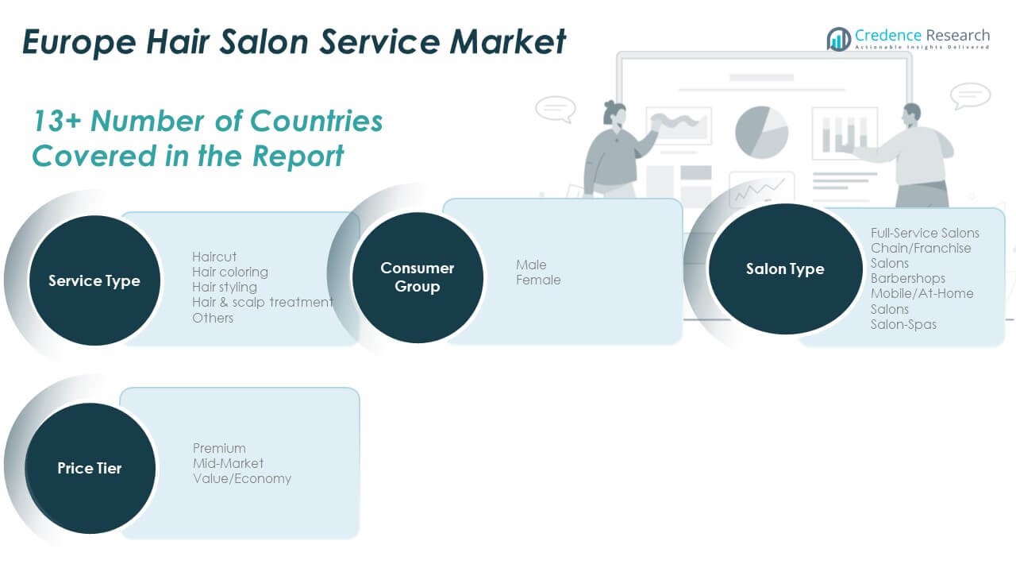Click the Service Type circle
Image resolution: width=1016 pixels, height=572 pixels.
[x=94, y=280]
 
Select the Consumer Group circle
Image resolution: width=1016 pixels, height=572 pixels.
[x=417, y=277]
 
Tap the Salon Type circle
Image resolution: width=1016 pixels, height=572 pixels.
[x=784, y=269]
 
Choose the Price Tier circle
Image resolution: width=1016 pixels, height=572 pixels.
[x=90, y=468]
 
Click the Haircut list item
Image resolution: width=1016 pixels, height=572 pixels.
[x=214, y=257]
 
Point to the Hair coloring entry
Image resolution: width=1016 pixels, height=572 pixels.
[x=230, y=272]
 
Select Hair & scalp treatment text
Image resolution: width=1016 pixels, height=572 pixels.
[x=263, y=302]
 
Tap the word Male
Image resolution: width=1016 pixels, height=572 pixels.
[x=531, y=265]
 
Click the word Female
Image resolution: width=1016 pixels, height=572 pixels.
[x=538, y=280]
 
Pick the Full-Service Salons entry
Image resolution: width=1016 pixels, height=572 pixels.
[x=925, y=233]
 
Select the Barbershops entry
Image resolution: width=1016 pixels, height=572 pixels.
[x=908, y=278]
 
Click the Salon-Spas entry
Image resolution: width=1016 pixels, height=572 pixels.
[x=903, y=324]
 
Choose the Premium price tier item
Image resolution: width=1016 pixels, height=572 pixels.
[x=219, y=448]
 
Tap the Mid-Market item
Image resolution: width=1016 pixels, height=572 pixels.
[x=229, y=463]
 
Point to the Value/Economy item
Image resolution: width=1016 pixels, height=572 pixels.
[x=242, y=478]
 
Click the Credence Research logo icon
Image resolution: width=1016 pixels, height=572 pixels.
[x=838, y=38]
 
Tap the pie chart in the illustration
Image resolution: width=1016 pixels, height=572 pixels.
[x=761, y=132]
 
